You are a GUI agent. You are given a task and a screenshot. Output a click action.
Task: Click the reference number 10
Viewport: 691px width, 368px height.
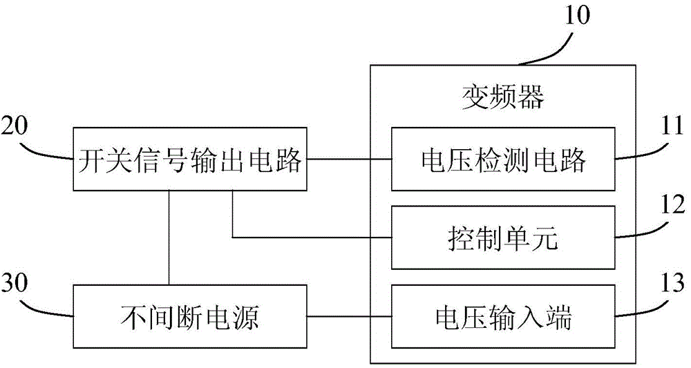point(577,14)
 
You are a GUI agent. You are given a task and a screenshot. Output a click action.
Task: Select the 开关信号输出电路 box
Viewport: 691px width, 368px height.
point(190,159)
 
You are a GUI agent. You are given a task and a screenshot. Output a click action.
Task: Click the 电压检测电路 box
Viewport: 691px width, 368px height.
point(502,159)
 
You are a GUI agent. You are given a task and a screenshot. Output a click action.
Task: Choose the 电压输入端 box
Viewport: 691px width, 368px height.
point(502,316)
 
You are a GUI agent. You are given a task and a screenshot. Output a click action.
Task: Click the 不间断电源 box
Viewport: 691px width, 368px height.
point(190,316)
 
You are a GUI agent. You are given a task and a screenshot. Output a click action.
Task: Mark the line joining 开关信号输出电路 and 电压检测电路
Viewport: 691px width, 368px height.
point(349,159)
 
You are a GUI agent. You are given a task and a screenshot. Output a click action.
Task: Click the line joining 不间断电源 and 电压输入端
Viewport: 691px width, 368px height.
point(349,316)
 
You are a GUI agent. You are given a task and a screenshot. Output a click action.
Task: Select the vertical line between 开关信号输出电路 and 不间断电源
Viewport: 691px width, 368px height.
point(169,238)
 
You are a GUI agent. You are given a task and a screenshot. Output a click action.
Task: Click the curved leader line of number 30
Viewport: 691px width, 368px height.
point(52,307)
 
